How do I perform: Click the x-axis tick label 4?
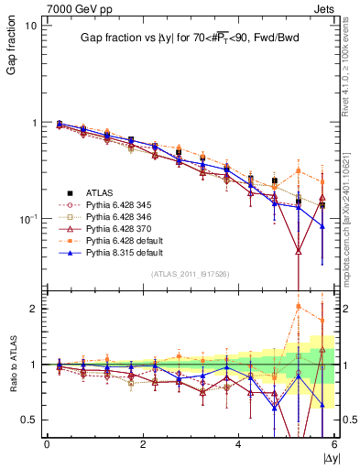coord(238,444)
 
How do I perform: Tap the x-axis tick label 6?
coord(334,444)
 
